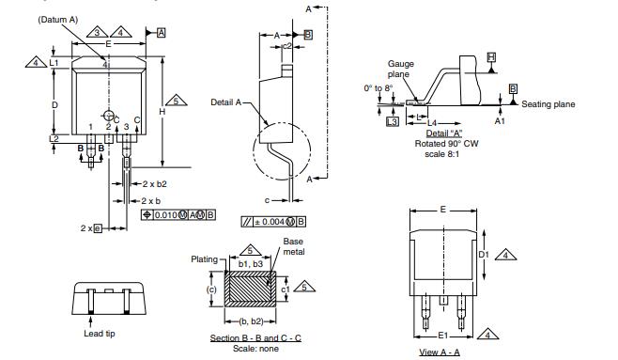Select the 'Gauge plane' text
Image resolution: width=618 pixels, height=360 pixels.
pyautogui.click(x=401, y=70)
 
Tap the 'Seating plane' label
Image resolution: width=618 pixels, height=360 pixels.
pyautogui.click(x=548, y=104)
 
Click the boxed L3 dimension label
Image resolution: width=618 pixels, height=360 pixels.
pyautogui.click(x=392, y=121)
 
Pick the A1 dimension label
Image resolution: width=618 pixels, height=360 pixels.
pyautogui.click(x=500, y=120)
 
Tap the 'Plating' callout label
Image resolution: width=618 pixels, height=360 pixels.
pyautogui.click(x=204, y=258)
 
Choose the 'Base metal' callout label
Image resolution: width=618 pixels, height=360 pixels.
pyautogui.click(x=294, y=246)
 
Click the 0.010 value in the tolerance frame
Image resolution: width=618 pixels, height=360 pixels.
pyautogui.click(x=166, y=215)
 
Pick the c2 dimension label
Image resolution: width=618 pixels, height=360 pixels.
pyautogui.click(x=287, y=44)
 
